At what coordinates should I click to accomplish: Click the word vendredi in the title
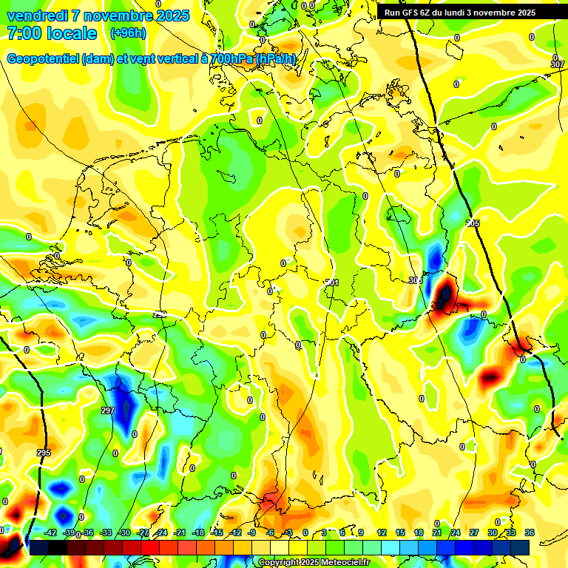click(x=37, y=16)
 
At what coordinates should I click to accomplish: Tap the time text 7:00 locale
click(x=52, y=33)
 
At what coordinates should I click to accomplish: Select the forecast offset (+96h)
click(x=128, y=33)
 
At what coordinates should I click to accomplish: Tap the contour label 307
click(x=558, y=65)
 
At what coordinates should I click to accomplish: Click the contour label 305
click(x=473, y=223)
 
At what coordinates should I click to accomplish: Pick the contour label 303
click(x=415, y=280)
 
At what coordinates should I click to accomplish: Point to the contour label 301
click(x=332, y=283)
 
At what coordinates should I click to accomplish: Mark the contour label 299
click(x=160, y=314)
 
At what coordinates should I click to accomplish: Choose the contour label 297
click(x=108, y=410)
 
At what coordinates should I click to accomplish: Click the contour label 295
click(x=44, y=453)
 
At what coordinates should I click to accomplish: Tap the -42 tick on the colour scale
click(x=50, y=532)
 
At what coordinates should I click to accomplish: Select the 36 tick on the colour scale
click(x=529, y=532)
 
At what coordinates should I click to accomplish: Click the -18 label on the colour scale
click(x=198, y=532)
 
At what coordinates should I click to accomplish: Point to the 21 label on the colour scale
click(x=437, y=532)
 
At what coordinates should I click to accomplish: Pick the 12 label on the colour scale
click(x=382, y=532)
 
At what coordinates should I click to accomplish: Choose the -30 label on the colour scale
click(x=124, y=532)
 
